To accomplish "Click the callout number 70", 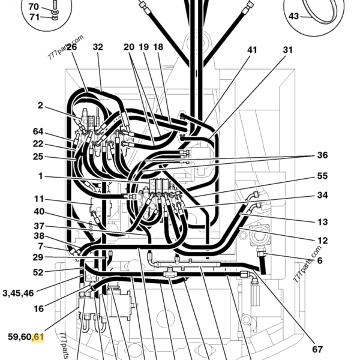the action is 34,7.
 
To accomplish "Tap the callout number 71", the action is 34,17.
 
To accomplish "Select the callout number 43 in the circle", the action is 293,16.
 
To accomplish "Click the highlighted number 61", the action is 38,337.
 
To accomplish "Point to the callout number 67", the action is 317,349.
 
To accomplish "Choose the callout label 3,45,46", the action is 18,293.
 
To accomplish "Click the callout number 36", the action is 322,155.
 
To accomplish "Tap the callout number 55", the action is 322,176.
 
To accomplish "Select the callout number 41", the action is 252,50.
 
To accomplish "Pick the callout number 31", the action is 287,50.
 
